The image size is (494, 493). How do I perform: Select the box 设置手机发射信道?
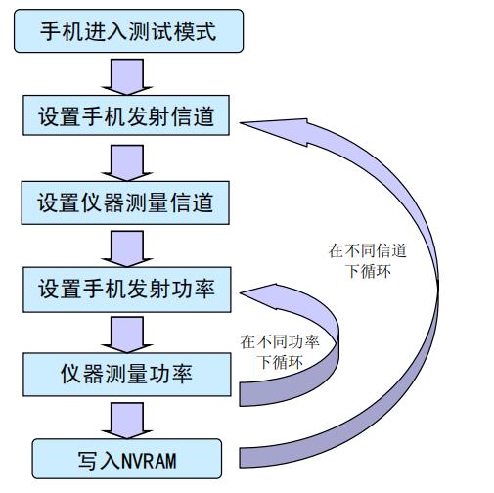tap(126, 118)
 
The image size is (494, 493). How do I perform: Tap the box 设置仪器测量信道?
tap(126, 204)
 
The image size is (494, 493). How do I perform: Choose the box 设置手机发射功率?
tap(126, 290)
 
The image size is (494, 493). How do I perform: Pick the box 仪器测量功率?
tap(126, 373)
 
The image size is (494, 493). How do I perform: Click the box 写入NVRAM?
tap(126, 457)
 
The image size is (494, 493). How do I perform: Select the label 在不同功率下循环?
tap(279, 351)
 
